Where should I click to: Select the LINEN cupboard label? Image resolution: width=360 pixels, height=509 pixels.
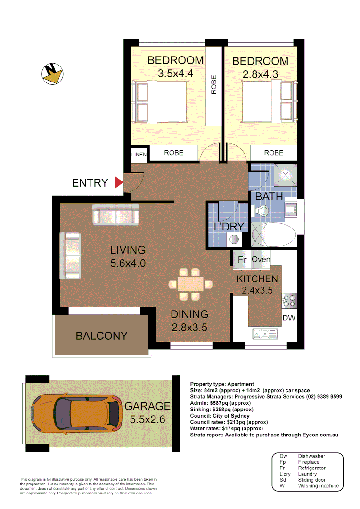pos(139,154)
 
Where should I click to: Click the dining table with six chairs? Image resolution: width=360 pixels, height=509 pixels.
pos(190,284)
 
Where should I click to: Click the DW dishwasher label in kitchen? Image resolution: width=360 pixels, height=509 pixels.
pos(288,318)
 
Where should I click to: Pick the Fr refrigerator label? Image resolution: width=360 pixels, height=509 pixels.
pos(242,260)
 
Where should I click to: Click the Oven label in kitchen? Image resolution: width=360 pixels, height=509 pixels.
pos(261,259)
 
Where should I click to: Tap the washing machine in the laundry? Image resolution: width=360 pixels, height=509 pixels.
pos(234,239)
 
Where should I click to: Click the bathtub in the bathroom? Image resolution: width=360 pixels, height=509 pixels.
pos(273,234)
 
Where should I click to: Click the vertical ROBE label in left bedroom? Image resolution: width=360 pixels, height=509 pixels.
pos(213,85)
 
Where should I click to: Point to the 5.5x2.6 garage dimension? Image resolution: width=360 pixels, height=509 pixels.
pos(147,419)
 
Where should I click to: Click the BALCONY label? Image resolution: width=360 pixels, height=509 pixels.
pos(101,336)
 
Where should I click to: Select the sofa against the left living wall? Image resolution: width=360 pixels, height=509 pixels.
pos(70,255)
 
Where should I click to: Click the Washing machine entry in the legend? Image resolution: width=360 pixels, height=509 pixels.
pos(318,485)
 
